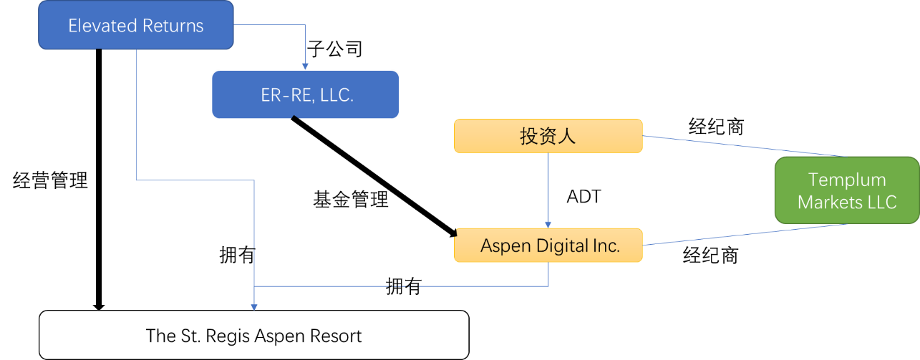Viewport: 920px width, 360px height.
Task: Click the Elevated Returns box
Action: pyautogui.click(x=135, y=26)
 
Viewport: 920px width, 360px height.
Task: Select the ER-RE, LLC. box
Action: pyautogui.click(x=305, y=94)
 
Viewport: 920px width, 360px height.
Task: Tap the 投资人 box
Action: pyautogui.click(x=548, y=136)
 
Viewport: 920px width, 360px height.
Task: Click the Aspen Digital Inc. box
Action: pyautogui.click(x=549, y=245)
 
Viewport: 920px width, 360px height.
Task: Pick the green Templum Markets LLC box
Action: pyautogui.click(x=847, y=190)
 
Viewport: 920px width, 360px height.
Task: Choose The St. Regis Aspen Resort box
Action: pyautogui.click(x=253, y=335)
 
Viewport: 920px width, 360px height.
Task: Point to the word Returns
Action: pyautogui.click(x=172, y=26)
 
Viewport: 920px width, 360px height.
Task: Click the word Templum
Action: pyautogui.click(x=847, y=180)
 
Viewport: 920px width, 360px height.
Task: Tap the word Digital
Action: pyautogui.click(x=559, y=245)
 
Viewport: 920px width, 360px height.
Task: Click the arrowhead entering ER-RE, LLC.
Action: pyautogui.click(x=305, y=66)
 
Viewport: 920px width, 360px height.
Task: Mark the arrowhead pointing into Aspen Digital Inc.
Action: pyautogui.click(x=548, y=225)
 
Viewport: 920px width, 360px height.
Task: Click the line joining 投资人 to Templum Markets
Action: pyautogui.click(x=745, y=146)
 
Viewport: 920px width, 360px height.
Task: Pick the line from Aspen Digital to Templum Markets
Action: pyautogui.click(x=745, y=235)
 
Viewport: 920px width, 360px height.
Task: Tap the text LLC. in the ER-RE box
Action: pyautogui.click(x=336, y=95)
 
